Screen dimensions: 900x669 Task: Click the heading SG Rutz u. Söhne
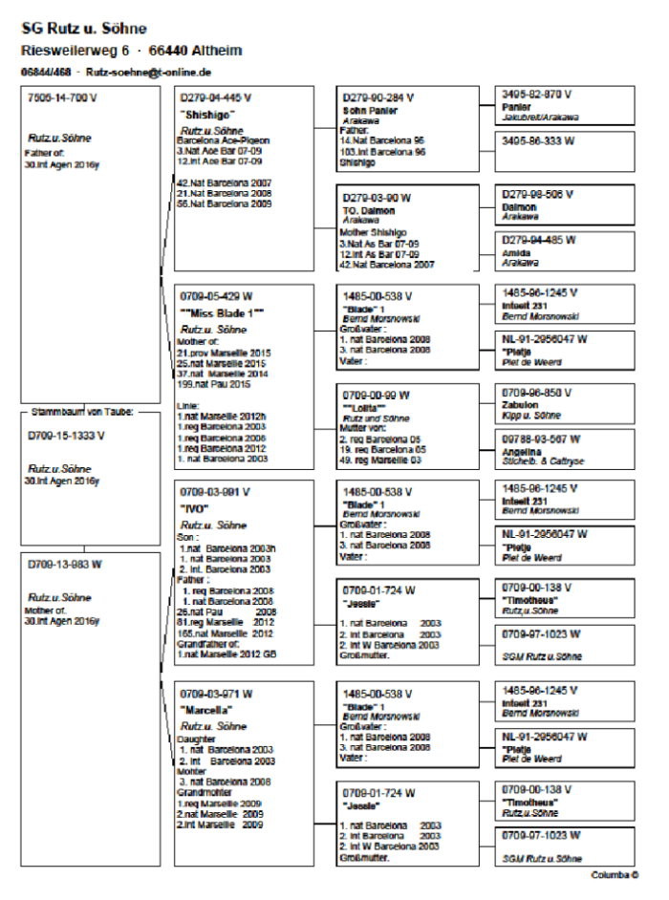(84, 29)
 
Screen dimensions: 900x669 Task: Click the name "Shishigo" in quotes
(207, 115)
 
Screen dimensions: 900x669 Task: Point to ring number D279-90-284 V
(380, 97)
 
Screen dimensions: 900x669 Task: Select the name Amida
(519, 251)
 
